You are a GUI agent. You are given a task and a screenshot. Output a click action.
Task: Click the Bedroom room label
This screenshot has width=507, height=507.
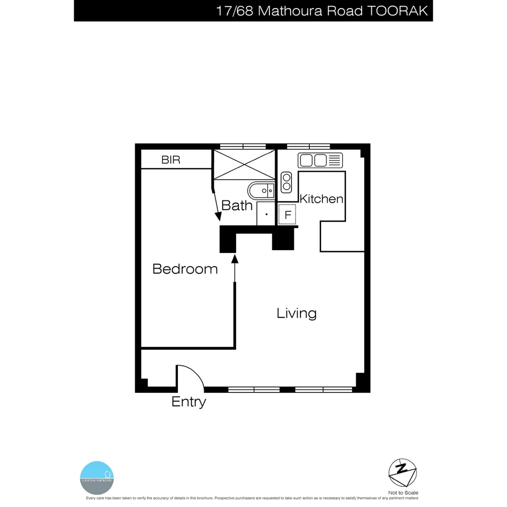185,269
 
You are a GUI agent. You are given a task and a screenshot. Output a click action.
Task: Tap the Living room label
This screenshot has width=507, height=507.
296,313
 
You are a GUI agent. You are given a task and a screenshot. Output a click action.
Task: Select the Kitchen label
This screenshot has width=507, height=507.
322,199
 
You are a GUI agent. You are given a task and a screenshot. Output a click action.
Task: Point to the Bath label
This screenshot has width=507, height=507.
237,205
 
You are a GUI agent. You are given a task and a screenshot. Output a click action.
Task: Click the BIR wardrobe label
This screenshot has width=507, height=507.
170,160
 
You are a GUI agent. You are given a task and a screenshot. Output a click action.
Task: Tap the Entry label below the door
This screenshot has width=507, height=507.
189,402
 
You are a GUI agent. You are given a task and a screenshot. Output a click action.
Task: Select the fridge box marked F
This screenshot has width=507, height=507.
287,215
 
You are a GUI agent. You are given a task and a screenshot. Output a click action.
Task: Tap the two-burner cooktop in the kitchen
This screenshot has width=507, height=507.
286,182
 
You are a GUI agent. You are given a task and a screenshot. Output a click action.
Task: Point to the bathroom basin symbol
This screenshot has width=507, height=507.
261,191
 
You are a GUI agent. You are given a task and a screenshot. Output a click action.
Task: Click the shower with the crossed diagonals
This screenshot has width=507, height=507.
244,164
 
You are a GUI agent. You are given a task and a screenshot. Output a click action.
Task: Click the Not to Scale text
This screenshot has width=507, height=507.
403,492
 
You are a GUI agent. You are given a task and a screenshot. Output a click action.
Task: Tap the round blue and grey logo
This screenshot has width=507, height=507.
97,477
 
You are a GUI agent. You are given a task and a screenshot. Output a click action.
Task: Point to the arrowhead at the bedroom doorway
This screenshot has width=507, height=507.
235,258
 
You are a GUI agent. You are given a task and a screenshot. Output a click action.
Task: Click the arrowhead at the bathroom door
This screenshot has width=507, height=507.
218,216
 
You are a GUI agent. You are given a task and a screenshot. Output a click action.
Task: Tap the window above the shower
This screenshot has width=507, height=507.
243,146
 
